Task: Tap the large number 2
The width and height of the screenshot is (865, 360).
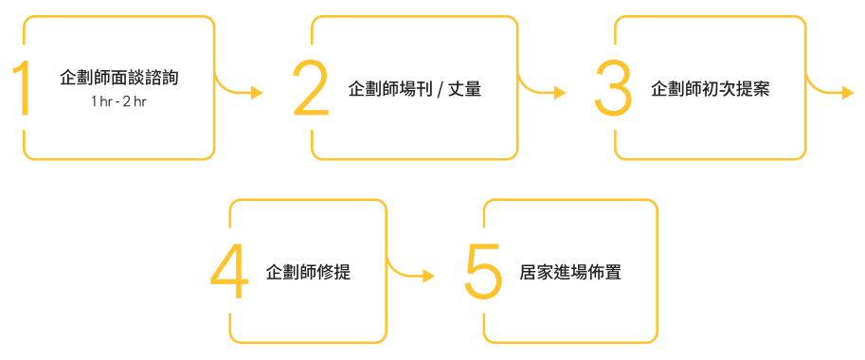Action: [311, 89]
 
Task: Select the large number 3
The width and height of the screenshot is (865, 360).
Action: [613, 89]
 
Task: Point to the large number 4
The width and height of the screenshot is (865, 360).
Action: [228, 272]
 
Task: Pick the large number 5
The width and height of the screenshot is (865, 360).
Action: [483, 272]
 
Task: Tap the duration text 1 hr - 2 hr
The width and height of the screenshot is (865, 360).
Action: [118, 101]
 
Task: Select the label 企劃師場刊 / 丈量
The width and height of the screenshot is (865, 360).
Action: [415, 90]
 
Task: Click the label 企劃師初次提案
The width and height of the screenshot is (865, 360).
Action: [710, 90]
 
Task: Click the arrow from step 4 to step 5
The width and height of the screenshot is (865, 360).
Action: [411, 273]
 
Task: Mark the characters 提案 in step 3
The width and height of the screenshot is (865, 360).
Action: [753, 90]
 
